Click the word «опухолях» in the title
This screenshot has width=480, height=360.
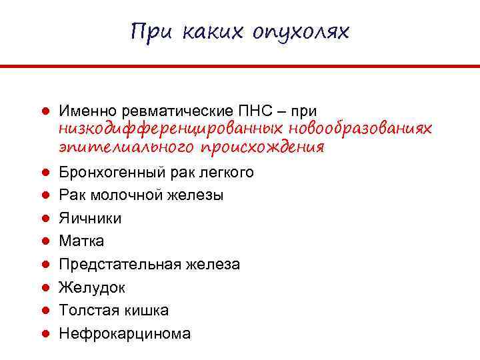(x=301, y=31)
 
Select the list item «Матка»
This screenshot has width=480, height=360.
(x=81, y=241)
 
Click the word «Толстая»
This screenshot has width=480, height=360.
(x=84, y=311)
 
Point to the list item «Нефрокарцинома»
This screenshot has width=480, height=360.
(x=125, y=333)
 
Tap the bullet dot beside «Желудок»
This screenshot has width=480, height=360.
(x=42, y=288)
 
